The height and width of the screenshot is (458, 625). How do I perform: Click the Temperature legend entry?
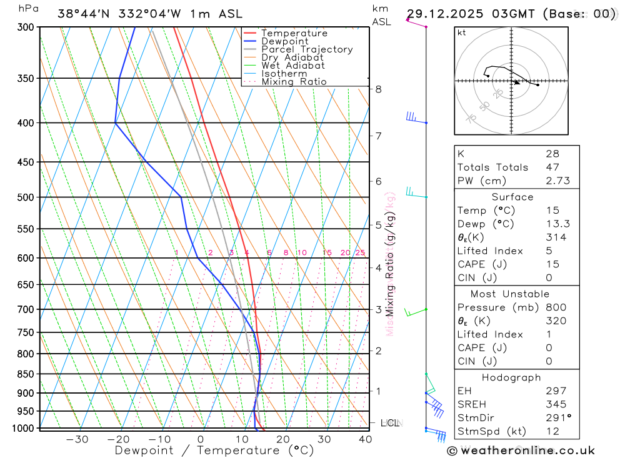tap(294, 33)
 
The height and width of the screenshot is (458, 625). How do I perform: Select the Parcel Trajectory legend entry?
tap(307, 49)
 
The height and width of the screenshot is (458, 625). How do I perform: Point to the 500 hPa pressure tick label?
tap(26, 197)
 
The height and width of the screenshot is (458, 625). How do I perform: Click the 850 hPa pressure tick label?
tap(26, 374)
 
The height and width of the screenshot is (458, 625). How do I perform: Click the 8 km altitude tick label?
tap(378, 89)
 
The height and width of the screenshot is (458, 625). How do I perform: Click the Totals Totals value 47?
tap(552, 167)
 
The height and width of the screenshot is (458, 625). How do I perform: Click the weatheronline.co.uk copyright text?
tap(521, 451)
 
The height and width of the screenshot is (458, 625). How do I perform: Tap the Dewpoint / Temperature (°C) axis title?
tap(214, 451)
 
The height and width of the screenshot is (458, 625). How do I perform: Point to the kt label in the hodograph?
tap(461, 32)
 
